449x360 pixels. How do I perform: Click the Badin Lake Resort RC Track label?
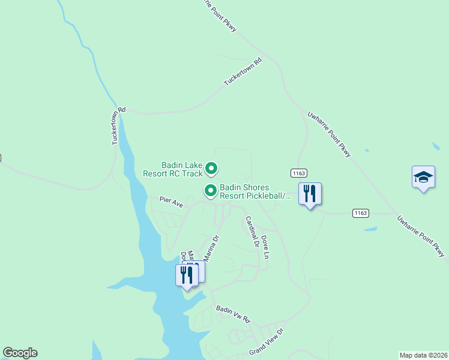[173, 169]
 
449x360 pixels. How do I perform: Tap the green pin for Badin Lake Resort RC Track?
[211, 169]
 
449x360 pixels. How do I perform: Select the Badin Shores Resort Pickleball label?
[252, 191]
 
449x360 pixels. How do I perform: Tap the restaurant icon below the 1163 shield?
[310, 194]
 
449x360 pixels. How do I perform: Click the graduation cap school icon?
[423, 177]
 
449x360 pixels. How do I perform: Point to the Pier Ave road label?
[170, 202]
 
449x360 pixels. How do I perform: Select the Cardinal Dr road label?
[251, 232]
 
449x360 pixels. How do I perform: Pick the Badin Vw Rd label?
[232, 313]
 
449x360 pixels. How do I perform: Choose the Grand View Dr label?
[266, 341]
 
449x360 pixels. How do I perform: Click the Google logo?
[20, 353]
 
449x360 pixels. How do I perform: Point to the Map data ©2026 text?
[423, 355]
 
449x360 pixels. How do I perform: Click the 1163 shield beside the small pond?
[360, 213]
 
